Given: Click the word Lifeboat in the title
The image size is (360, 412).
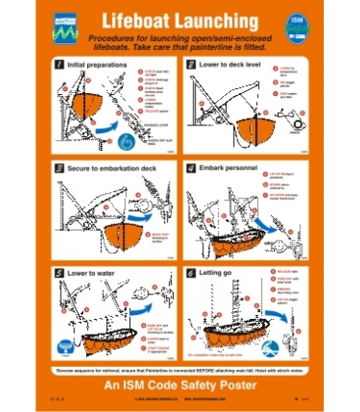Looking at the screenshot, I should tap(136, 26).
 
